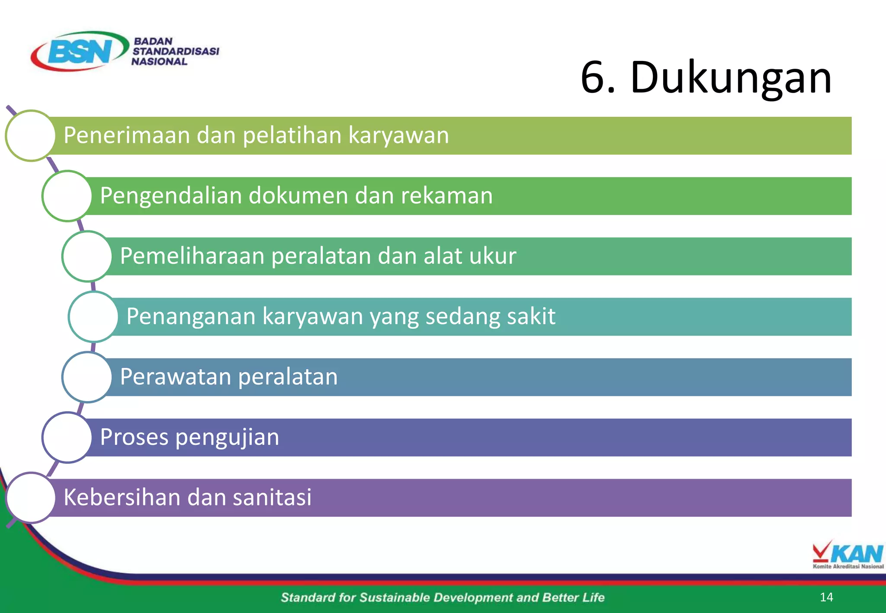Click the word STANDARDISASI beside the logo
pyautogui.click(x=176, y=51)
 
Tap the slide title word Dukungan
pyautogui.click(x=731, y=78)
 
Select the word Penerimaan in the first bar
pyautogui.click(x=126, y=135)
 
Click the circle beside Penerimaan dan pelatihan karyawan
pyautogui.click(x=30, y=135)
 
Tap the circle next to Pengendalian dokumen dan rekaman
pyautogui.click(x=67, y=196)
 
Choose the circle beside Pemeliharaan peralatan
pyautogui.click(x=87, y=256)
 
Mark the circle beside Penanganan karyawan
pyautogui.click(x=93, y=316)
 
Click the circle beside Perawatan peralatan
pyautogui.click(x=87, y=377)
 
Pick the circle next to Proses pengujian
pyautogui.click(x=67, y=437)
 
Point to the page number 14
pyautogui.click(x=826, y=597)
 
